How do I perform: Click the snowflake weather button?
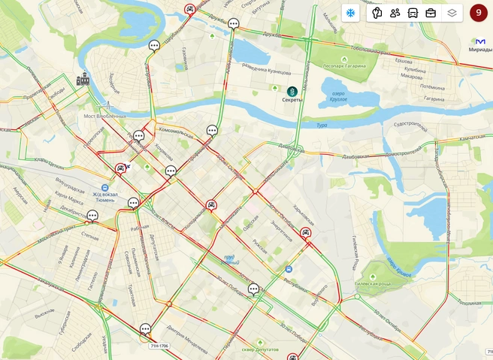click(349, 13)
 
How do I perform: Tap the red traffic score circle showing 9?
click(478, 13)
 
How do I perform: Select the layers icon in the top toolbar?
click(452, 13)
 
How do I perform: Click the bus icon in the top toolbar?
click(413, 13)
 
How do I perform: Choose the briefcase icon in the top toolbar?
click(431, 13)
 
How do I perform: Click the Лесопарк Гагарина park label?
click(345, 66)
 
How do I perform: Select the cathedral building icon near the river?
click(83, 79)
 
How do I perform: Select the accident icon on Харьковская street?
click(305, 232)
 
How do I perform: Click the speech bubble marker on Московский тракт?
click(92, 216)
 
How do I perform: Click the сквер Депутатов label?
click(259, 350)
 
